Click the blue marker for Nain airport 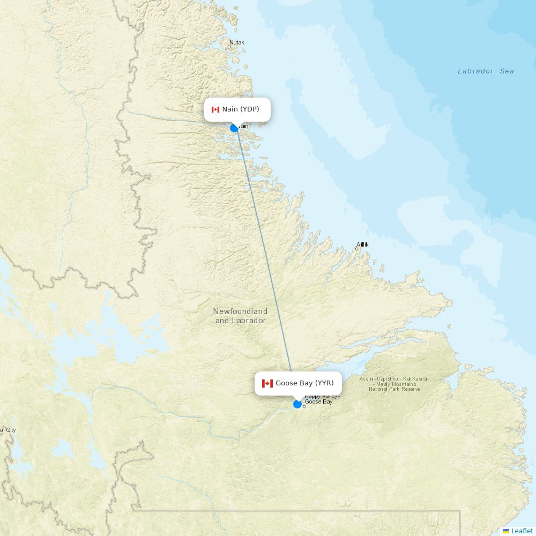pyautogui.click(x=234, y=128)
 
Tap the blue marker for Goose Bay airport pyautogui.click(x=297, y=404)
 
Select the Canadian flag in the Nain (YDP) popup pyautogui.click(x=215, y=110)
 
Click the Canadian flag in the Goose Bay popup pyautogui.click(x=267, y=383)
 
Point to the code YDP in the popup pyautogui.click(x=249, y=109)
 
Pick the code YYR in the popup pyautogui.click(x=324, y=383)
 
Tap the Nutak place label pyautogui.click(x=236, y=42)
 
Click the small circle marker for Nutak pyautogui.click(x=229, y=47)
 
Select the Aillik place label pyautogui.click(x=362, y=244)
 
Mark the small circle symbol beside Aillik pyautogui.click(x=357, y=249)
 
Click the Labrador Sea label pyautogui.click(x=486, y=71)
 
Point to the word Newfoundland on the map pyautogui.click(x=240, y=311)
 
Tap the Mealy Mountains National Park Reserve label pyautogui.click(x=394, y=384)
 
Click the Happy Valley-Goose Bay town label pyautogui.click(x=321, y=399)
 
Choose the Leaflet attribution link pyautogui.click(x=522, y=531)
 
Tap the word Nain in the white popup pyautogui.click(x=230, y=109)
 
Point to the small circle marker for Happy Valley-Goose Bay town pyautogui.click(x=304, y=406)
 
